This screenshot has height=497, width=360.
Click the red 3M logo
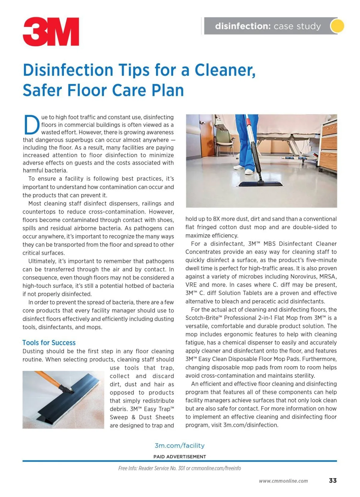[x=51, y=31]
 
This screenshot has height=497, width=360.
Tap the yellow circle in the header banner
[x=337, y=26]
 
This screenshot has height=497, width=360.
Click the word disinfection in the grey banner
[x=243, y=26]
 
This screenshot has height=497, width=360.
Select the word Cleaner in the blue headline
[x=225, y=70]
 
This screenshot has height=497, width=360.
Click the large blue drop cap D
[x=31, y=125]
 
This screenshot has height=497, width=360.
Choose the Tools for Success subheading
[x=49, y=343]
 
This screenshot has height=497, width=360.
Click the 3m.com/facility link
[x=179, y=445]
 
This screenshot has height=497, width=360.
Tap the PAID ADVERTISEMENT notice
[x=179, y=457]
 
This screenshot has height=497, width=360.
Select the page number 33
[x=333, y=481]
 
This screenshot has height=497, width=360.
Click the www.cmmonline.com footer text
[x=283, y=481]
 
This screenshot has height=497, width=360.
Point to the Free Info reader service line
[x=179, y=468]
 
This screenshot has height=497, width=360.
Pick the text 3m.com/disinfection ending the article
[x=250, y=425]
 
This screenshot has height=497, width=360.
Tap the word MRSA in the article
[x=328, y=277]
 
